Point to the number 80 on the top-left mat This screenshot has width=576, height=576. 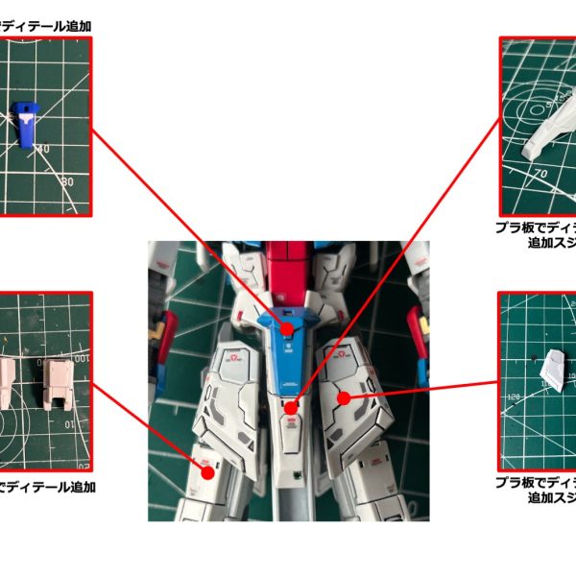67,180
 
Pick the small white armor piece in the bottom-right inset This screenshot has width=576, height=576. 556,370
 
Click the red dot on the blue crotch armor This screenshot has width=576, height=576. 287,328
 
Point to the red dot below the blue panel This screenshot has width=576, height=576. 292,408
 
